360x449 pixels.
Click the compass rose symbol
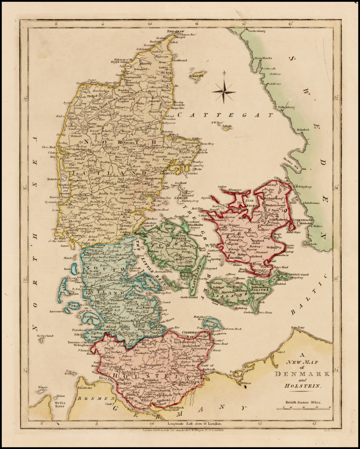(224, 91)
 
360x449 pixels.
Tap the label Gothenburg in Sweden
(257, 31)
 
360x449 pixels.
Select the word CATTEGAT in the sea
(225, 115)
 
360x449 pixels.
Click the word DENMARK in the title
(302, 374)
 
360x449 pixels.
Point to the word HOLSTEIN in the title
(302, 386)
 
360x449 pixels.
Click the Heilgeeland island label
(45, 336)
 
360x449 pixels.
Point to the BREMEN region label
(93, 399)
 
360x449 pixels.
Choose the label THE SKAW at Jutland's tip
(175, 31)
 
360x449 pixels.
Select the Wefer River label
(60, 404)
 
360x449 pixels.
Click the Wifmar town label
(245, 383)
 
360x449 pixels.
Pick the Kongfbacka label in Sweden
(263, 58)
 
